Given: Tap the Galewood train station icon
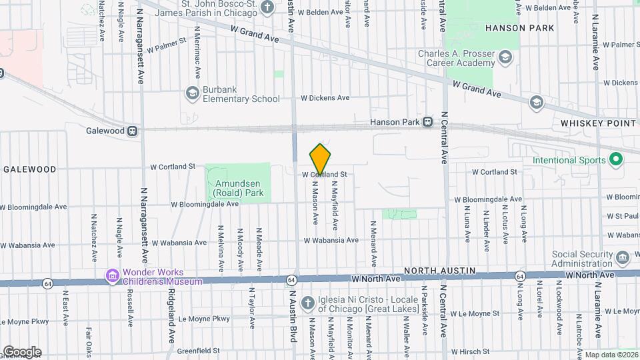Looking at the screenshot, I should tap(133, 131).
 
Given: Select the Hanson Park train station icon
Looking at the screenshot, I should tap(427, 122).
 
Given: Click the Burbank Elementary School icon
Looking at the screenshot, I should tap(193, 93).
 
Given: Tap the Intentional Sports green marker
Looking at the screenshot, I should tap(616, 160).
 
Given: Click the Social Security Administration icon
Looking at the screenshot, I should tap(622, 257).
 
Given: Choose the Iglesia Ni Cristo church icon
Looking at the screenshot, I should tap(307, 302).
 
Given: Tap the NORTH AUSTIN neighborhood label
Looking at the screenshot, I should tap(441, 270).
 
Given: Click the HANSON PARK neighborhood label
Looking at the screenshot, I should tap(519, 28).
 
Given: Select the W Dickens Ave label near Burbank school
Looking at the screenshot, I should tap(325, 98).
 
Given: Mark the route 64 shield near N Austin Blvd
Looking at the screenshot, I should tap(291, 279).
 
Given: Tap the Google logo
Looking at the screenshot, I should tap(22, 351).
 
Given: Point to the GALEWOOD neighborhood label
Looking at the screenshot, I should tap(30, 169).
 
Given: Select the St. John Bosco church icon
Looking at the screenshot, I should tap(267, 8).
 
